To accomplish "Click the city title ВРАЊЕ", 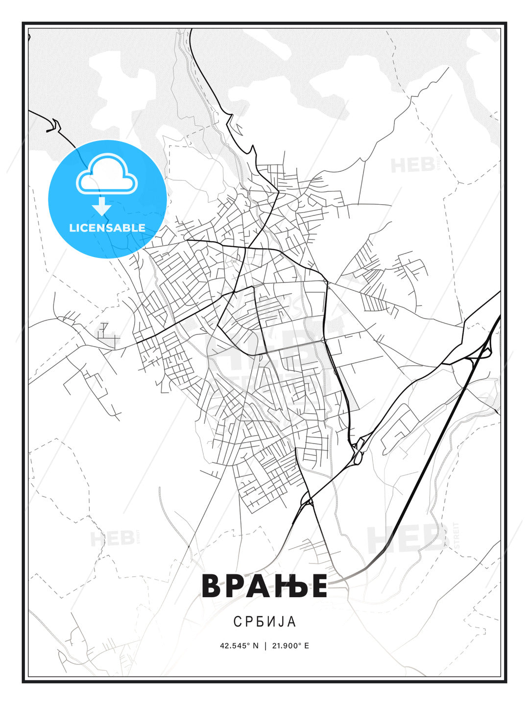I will [x=264, y=586].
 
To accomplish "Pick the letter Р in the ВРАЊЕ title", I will [x=236, y=586].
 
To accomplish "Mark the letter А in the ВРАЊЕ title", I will [x=259, y=586].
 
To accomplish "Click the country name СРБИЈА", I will [x=264, y=622].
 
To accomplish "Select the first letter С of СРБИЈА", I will [x=237, y=622].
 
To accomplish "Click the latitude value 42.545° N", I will [x=239, y=646].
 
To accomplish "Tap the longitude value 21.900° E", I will [x=290, y=646].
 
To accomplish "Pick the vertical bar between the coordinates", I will [x=265, y=646].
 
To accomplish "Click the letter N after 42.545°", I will [x=255, y=646].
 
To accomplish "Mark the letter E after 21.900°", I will [x=307, y=646].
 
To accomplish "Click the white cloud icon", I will [x=107, y=175].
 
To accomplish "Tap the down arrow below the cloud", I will [x=102, y=206].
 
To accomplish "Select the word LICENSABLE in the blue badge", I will [x=107, y=228].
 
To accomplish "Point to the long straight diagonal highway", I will [x=441, y=441].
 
